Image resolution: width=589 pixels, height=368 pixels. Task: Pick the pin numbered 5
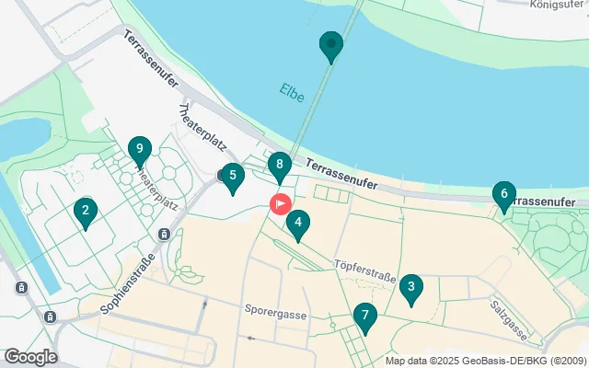coord(232,176)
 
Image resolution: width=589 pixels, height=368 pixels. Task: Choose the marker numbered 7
coord(364,317)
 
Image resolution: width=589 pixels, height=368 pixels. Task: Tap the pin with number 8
coord(280,167)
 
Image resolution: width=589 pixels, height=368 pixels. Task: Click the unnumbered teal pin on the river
coord(330,44)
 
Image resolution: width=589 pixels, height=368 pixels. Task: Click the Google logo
coord(30,357)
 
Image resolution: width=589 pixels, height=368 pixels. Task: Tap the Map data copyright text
coord(485,361)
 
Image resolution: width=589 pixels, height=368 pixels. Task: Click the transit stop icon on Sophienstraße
coord(164,234)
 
